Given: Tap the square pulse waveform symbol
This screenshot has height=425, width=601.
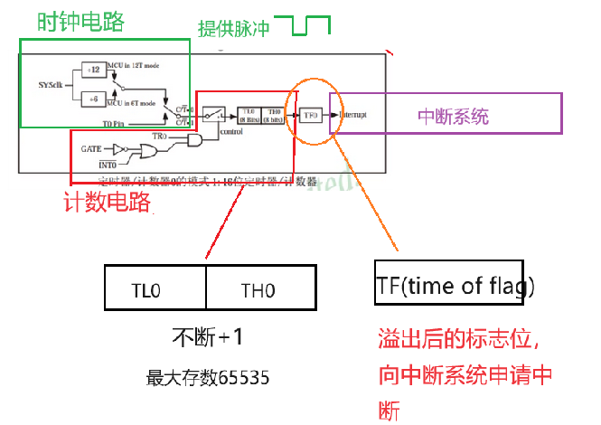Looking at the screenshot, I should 311,25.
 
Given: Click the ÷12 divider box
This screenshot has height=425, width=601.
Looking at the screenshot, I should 93,69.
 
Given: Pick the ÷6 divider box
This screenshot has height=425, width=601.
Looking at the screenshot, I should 93,98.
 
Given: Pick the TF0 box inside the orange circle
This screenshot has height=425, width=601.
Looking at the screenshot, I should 311,116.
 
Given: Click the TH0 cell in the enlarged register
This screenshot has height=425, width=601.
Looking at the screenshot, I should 259,289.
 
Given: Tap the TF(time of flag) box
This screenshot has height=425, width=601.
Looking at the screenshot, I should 455,286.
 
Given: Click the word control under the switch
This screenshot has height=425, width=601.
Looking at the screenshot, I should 230,131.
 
